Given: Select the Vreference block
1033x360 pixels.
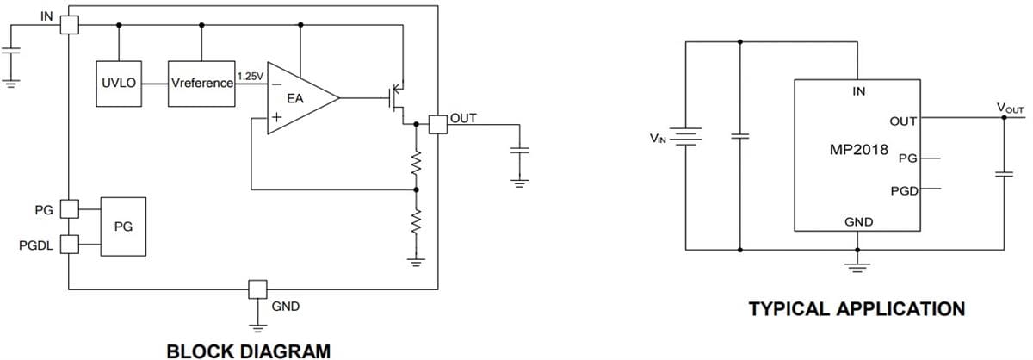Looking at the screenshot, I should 201,84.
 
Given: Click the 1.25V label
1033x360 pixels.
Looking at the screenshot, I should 251,77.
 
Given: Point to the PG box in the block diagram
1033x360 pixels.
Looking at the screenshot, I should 123,227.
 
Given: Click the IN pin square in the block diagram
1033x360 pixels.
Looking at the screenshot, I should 71,26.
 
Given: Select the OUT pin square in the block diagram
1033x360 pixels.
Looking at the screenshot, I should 438,124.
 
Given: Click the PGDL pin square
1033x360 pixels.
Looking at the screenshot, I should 70,246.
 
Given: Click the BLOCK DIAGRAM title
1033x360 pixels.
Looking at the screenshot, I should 248,351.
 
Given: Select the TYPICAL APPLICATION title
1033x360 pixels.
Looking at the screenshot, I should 857,308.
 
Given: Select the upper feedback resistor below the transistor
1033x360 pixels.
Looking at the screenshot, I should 416,162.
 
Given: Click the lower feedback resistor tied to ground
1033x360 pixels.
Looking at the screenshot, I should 416,222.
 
